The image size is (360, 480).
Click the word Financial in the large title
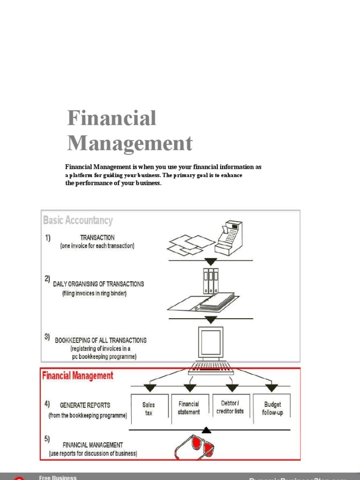(x=112, y=118)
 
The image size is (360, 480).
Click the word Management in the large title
(x=130, y=143)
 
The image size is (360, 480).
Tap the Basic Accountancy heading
(x=78, y=220)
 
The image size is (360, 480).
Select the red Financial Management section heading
(x=78, y=375)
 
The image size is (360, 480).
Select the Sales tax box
(x=149, y=408)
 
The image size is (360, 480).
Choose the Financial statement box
(x=188, y=408)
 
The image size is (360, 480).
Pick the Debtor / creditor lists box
(x=230, y=407)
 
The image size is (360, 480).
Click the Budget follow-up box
(x=272, y=408)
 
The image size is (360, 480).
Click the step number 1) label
(x=48, y=238)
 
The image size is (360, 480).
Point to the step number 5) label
(x=47, y=439)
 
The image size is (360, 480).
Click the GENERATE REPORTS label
(x=85, y=405)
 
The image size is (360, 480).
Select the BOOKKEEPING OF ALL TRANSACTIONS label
(x=100, y=340)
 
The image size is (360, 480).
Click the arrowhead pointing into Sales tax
(x=150, y=388)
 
